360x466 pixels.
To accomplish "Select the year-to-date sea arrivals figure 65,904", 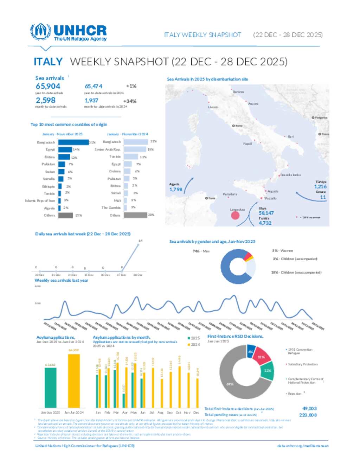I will pyautogui.click(x=48, y=86).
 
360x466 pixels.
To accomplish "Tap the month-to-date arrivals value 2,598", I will pyautogui.click(x=45, y=101).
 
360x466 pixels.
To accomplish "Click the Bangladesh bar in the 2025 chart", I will pyautogui.click(x=73, y=142).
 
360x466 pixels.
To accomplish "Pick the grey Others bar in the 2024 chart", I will pyautogui.click(x=135, y=215).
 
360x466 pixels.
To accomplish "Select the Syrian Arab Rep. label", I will pyautogui.click(x=107, y=149).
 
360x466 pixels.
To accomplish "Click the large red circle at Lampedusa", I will pyautogui.click(x=235, y=215).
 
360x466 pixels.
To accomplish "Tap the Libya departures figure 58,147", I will pyautogui.click(x=266, y=213).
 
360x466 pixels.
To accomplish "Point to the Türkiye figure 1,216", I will pyautogui.click(x=320, y=187).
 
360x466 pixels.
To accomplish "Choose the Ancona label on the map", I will pyautogui.click(x=253, y=104).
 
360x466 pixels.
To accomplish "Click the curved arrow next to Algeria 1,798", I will pyautogui.click(x=188, y=185).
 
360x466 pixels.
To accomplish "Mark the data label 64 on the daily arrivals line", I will pyautogui.click(x=141, y=241).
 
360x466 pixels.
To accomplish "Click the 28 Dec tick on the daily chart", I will pyautogui.click(x=138, y=275).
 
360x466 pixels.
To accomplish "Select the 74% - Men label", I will pyautogui.click(x=201, y=251).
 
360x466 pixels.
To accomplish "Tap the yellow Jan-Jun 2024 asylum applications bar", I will pyautogui.click(x=74, y=381).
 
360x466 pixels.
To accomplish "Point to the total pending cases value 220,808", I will pyautogui.click(x=308, y=415).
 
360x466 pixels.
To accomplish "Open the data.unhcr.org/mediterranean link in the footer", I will pyautogui.click(x=303, y=446).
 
